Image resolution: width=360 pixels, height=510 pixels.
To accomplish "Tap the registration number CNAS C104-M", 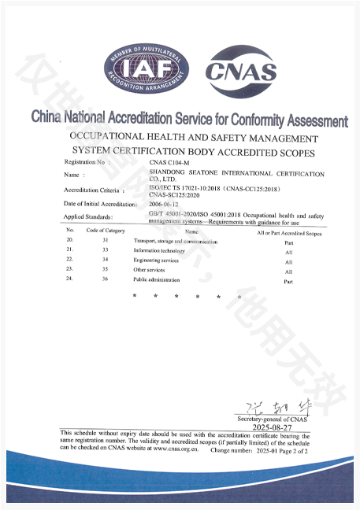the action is click(x=170, y=161).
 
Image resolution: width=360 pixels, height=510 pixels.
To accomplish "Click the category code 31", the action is click(x=105, y=240).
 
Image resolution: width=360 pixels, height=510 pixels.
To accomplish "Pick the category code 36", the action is click(x=105, y=279).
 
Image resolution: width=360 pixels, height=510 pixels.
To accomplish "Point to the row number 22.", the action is click(x=70, y=259).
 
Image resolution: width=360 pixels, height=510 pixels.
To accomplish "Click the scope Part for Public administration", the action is click(x=288, y=280).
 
